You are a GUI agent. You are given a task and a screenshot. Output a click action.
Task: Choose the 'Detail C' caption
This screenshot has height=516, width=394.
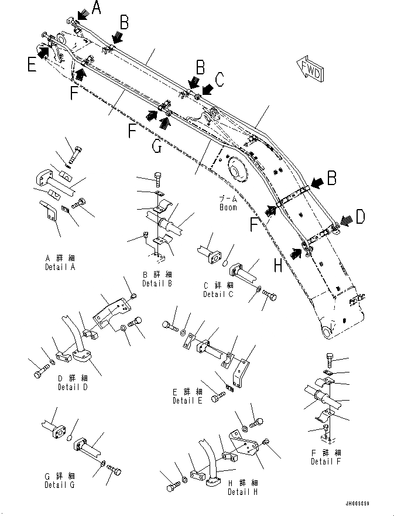(x=218, y=294)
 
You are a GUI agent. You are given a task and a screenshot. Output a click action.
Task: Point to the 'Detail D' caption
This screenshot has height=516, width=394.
(x=74, y=387)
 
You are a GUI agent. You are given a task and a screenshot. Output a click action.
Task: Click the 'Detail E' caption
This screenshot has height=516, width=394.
(x=188, y=401)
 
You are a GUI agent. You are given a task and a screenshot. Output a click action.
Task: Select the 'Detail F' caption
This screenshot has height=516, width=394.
(x=326, y=462)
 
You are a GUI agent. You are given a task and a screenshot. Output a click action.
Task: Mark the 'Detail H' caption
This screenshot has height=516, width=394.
(x=243, y=491)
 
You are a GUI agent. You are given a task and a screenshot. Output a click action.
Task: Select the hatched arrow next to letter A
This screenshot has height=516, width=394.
(x=81, y=12)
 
